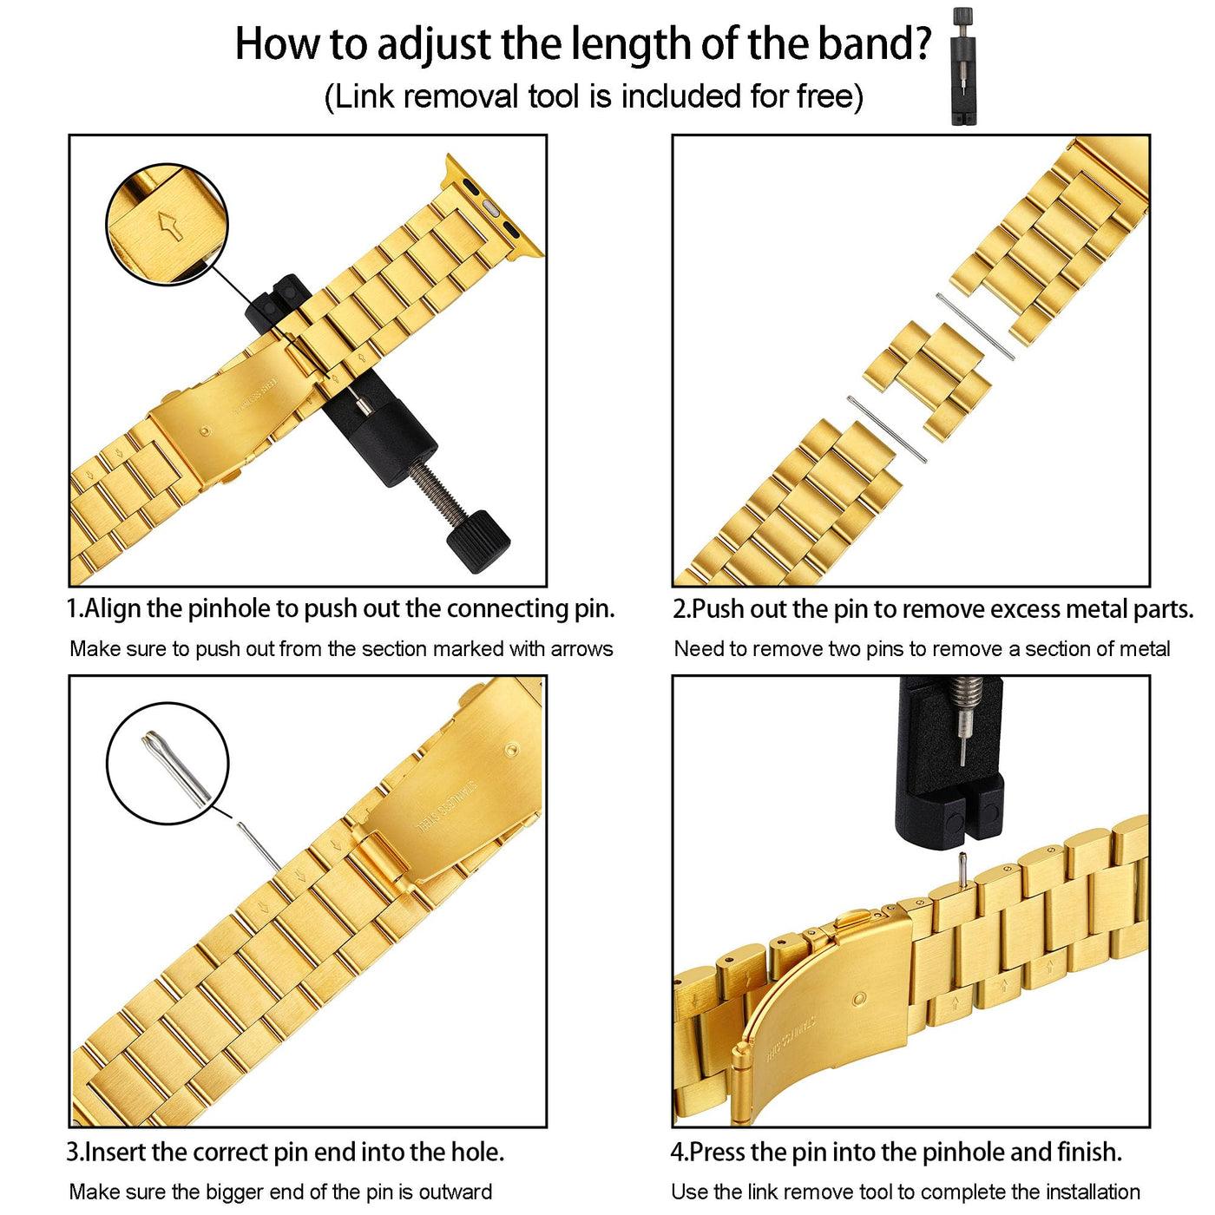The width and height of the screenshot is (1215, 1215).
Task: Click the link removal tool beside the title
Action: click(962, 66)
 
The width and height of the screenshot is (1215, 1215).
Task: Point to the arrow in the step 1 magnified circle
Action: click(169, 226)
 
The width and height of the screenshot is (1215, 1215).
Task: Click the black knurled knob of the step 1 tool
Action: click(478, 541)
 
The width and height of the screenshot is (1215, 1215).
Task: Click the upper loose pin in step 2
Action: click(975, 326)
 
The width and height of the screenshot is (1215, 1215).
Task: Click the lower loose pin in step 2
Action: click(886, 429)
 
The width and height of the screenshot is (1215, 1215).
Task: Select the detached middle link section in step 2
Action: click(927, 380)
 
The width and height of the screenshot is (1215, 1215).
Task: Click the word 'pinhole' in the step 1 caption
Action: click(232, 609)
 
